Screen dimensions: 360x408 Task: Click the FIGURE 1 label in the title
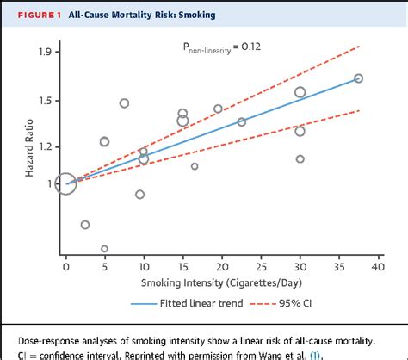pos(33,16)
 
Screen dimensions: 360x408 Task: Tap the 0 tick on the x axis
pos(65,267)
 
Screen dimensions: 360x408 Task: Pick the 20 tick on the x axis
pos(221,267)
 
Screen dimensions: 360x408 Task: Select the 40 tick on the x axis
pos(377,267)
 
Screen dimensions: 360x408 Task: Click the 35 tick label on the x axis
pos(338,267)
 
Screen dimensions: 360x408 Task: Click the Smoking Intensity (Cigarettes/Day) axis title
pos(220,284)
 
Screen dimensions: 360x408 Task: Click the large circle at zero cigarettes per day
pos(65,183)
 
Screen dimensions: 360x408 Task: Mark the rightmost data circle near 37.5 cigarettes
pos(358,78)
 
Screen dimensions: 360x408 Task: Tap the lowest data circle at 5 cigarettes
pos(104,249)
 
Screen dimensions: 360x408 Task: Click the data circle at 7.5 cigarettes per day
pos(124,103)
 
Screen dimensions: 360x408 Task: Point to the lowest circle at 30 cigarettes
pos(300,158)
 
